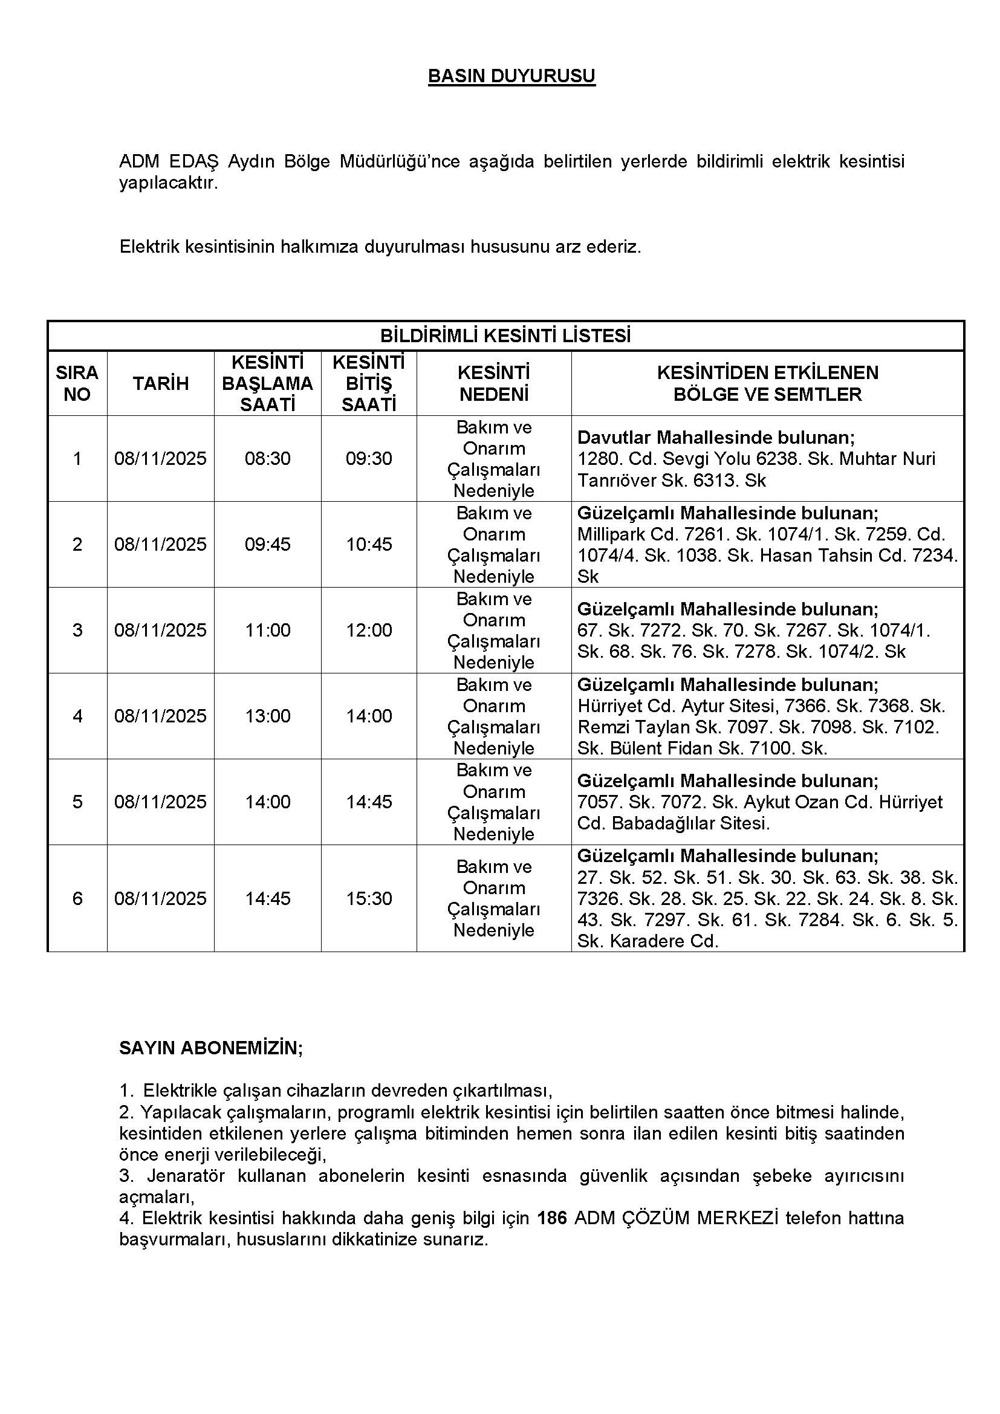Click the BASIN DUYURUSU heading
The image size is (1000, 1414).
511,76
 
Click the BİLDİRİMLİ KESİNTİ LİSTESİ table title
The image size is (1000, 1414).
505,336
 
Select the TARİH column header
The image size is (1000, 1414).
161,383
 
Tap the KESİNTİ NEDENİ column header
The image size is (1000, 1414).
494,383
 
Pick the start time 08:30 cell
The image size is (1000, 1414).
267,458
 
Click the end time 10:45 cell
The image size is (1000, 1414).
369,544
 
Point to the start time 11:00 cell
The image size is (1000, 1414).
267,630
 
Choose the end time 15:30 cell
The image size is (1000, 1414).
369,898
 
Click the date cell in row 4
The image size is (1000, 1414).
160,716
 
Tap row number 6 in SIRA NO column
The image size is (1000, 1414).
77,898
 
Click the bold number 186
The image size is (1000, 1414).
552,1218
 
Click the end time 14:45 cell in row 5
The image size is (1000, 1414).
369,801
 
